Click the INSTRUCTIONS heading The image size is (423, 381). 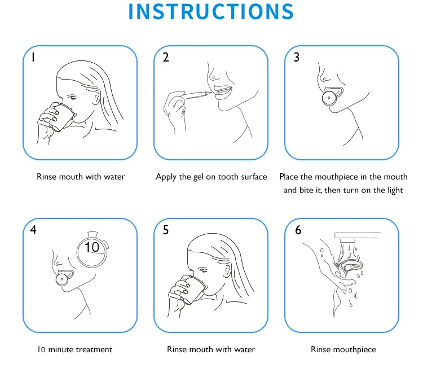coord(211,12)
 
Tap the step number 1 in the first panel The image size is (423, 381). coord(33,57)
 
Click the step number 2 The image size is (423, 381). coord(166,57)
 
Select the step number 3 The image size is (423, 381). coord(297,57)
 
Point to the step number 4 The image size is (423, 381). coord(33,230)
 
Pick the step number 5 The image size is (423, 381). coord(166,230)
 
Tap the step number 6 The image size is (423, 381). coord(298,230)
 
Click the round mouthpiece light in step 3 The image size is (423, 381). coord(329,98)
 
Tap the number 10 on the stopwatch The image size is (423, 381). coord(92,247)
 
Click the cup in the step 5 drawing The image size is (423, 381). coord(193,290)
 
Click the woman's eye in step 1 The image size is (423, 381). coord(72,97)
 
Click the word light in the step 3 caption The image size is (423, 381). coord(395,191)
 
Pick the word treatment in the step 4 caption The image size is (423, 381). coord(94,350)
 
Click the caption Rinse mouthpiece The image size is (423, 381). coord(343,350)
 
